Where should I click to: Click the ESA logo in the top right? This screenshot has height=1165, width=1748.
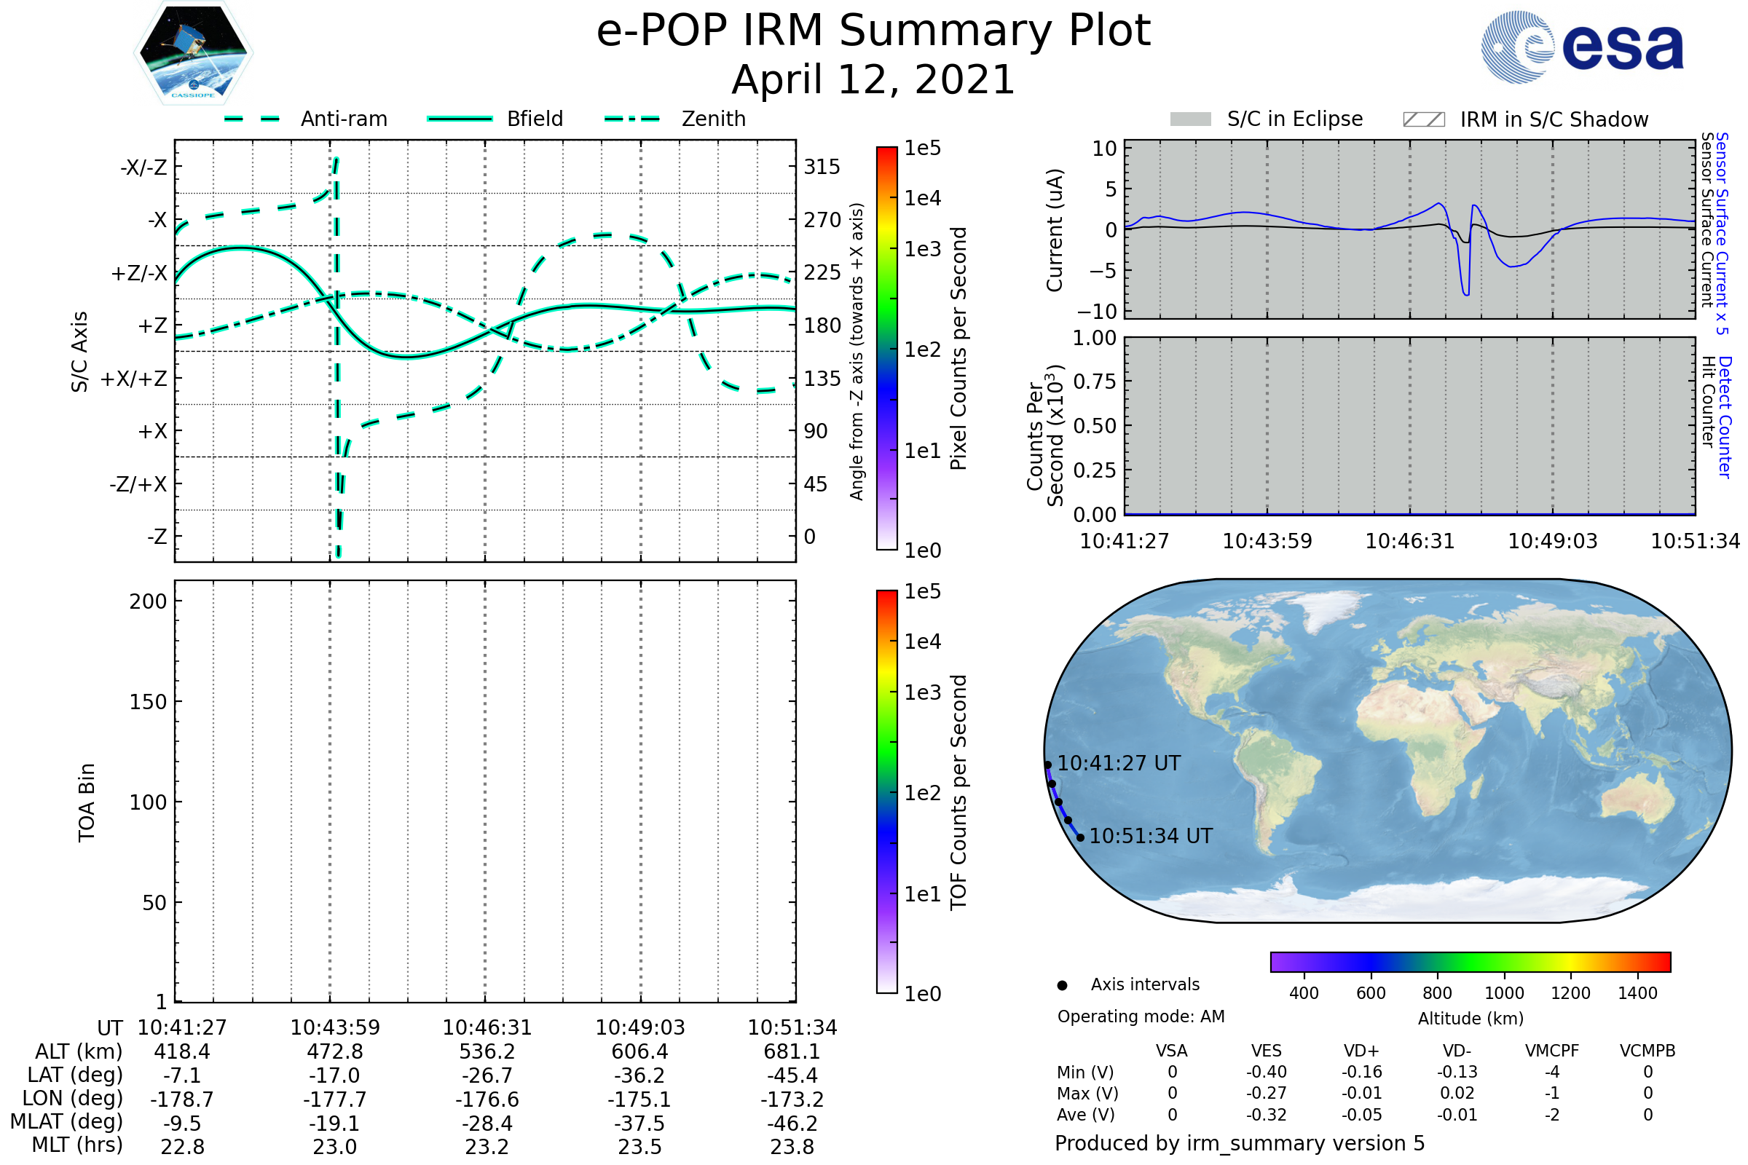coord(1582,47)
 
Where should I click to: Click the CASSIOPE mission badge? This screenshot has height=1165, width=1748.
coord(193,52)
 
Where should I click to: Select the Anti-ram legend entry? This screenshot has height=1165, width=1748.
coord(305,119)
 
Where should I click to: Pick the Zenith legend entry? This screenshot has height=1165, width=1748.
coord(675,119)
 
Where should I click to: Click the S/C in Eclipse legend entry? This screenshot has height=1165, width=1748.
coord(1267,119)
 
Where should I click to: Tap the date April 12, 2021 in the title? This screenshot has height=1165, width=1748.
coord(873,79)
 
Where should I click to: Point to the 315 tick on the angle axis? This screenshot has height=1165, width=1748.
coord(822,167)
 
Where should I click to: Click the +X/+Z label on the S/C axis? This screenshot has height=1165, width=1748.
coord(134,379)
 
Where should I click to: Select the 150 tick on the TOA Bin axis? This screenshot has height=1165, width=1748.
coord(148,702)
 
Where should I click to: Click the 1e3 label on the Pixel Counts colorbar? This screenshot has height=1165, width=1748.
coord(922,249)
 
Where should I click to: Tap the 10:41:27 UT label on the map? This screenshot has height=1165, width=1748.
coord(1119,763)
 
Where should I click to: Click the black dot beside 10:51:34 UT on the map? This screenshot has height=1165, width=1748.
coord(1081,837)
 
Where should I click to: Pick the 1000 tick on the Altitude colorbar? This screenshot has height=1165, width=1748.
coord(1504,993)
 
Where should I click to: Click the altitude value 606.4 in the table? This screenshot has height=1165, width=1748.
coord(640,1052)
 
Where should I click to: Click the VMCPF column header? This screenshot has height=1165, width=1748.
coord(1552,1051)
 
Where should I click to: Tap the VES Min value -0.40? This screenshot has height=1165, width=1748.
coord(1267,1072)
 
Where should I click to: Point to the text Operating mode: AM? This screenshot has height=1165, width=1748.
coord(1141,1016)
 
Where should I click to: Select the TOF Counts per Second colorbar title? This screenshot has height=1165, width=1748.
coord(958,792)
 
